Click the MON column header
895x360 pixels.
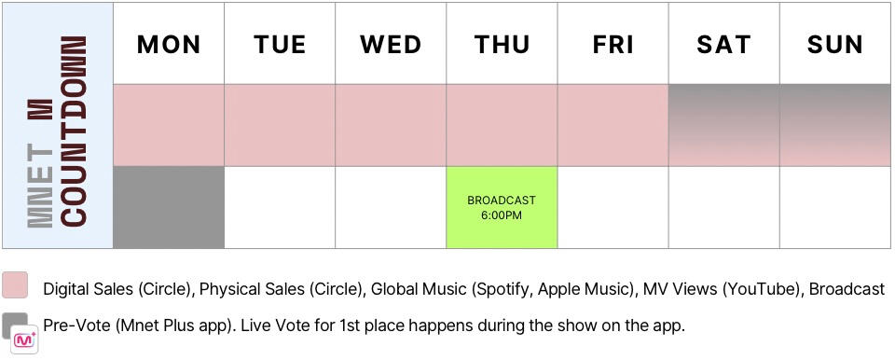point(169,44)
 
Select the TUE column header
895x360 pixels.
point(280,44)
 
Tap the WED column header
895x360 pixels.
point(391,44)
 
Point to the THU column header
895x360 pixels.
point(502,44)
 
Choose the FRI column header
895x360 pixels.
point(613,44)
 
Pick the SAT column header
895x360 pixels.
point(723,44)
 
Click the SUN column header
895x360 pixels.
point(835,44)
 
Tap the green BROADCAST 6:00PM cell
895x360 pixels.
point(502,207)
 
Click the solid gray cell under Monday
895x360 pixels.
point(169,207)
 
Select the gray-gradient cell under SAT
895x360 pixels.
point(723,125)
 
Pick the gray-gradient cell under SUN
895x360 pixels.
point(835,125)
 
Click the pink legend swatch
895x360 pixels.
point(15,284)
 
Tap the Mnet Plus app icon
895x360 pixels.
point(24,340)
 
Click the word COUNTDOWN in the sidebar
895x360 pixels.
point(75,131)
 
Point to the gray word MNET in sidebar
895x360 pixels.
point(40,186)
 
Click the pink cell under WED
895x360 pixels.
point(391,125)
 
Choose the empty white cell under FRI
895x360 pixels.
point(613,207)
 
